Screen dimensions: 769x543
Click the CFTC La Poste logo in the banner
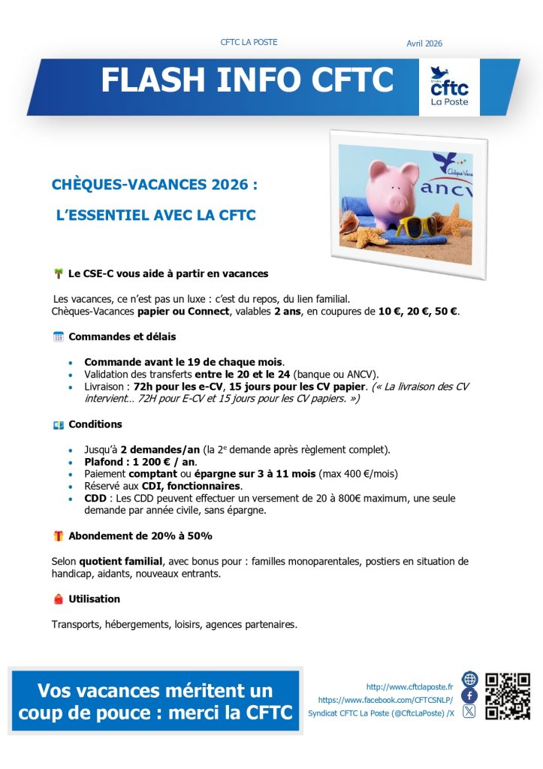point(449,86)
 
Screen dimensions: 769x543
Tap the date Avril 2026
point(424,44)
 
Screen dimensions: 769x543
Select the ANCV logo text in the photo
point(447,188)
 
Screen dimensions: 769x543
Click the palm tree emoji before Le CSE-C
point(58,273)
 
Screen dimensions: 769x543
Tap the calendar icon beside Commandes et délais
point(58,336)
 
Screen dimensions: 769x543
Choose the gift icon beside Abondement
point(58,536)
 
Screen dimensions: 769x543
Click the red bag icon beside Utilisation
point(58,599)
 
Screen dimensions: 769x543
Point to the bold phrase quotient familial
point(121,562)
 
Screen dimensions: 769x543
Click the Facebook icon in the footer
point(469,695)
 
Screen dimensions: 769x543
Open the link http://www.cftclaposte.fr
point(409,686)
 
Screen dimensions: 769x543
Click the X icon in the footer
point(469,712)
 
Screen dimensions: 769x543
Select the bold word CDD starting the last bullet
point(95,498)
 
